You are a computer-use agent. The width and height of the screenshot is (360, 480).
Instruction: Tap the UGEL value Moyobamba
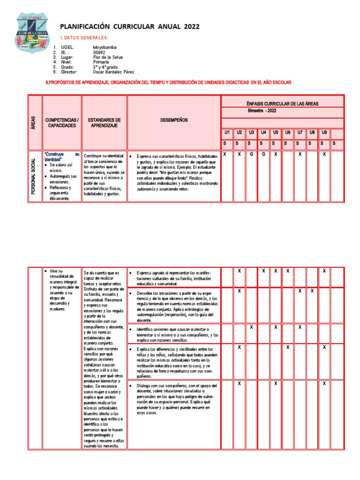tap(105, 47)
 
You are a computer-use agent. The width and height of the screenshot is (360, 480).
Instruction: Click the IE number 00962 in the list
tap(99, 52)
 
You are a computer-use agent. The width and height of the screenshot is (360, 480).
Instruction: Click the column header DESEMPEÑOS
tap(174, 120)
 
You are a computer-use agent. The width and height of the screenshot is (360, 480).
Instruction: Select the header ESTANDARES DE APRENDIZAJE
tap(104, 123)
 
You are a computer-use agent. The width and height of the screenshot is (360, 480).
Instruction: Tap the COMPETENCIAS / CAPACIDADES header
tap(62, 123)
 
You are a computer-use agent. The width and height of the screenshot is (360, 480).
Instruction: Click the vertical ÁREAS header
tap(35, 123)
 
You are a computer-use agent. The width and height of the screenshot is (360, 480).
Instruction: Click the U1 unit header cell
tap(226, 133)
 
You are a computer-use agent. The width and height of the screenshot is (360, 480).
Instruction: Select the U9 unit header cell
tap(324, 133)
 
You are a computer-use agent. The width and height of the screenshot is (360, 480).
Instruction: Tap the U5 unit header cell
tap(276, 133)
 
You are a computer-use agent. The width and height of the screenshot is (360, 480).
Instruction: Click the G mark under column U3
tap(251, 154)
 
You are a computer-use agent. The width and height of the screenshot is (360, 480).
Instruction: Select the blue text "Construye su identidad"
tap(61, 157)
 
